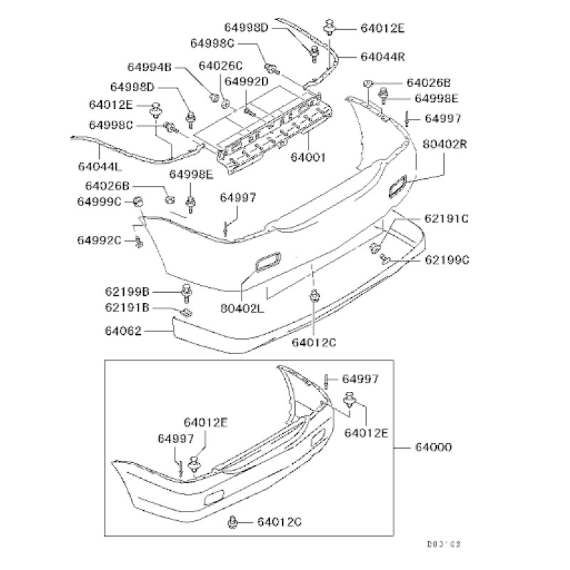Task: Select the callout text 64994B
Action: click(x=150, y=68)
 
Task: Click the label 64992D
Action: click(x=246, y=81)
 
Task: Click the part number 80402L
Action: click(x=243, y=309)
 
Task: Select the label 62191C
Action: click(x=447, y=218)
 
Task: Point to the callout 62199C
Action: click(x=447, y=260)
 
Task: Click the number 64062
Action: click(x=123, y=331)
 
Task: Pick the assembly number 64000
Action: click(x=432, y=447)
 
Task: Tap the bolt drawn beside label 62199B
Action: click(x=187, y=292)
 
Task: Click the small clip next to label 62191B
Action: click(x=185, y=312)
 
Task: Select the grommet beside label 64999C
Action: click(x=139, y=203)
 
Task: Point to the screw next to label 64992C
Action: click(x=138, y=242)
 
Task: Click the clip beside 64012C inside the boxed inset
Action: click(x=234, y=522)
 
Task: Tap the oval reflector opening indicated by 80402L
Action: click(x=267, y=261)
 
